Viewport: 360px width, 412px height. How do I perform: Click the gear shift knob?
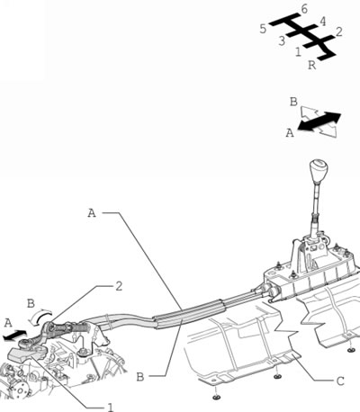[318, 171]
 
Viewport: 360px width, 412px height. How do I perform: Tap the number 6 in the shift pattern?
[304, 10]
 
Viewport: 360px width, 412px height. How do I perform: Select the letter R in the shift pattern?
[312, 65]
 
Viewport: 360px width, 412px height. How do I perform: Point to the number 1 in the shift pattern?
[298, 52]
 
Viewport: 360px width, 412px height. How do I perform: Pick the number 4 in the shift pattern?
[322, 22]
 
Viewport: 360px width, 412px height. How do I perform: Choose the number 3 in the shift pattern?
[282, 41]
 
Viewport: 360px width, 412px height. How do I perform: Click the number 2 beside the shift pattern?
[338, 31]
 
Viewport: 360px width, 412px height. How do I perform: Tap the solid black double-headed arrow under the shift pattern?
[319, 121]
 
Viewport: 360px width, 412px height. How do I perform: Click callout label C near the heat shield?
[340, 381]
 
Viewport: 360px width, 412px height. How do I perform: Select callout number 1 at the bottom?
[111, 407]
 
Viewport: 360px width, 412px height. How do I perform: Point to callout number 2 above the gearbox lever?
[119, 286]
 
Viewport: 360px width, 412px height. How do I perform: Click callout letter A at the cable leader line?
[92, 213]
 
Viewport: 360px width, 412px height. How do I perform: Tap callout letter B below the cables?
[140, 377]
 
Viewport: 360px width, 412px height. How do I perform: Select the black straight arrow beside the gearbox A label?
[14, 336]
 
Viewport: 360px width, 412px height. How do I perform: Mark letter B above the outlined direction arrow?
[293, 102]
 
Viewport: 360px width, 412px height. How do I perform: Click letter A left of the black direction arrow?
[290, 132]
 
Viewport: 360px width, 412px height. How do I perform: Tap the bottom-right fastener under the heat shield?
[350, 350]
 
